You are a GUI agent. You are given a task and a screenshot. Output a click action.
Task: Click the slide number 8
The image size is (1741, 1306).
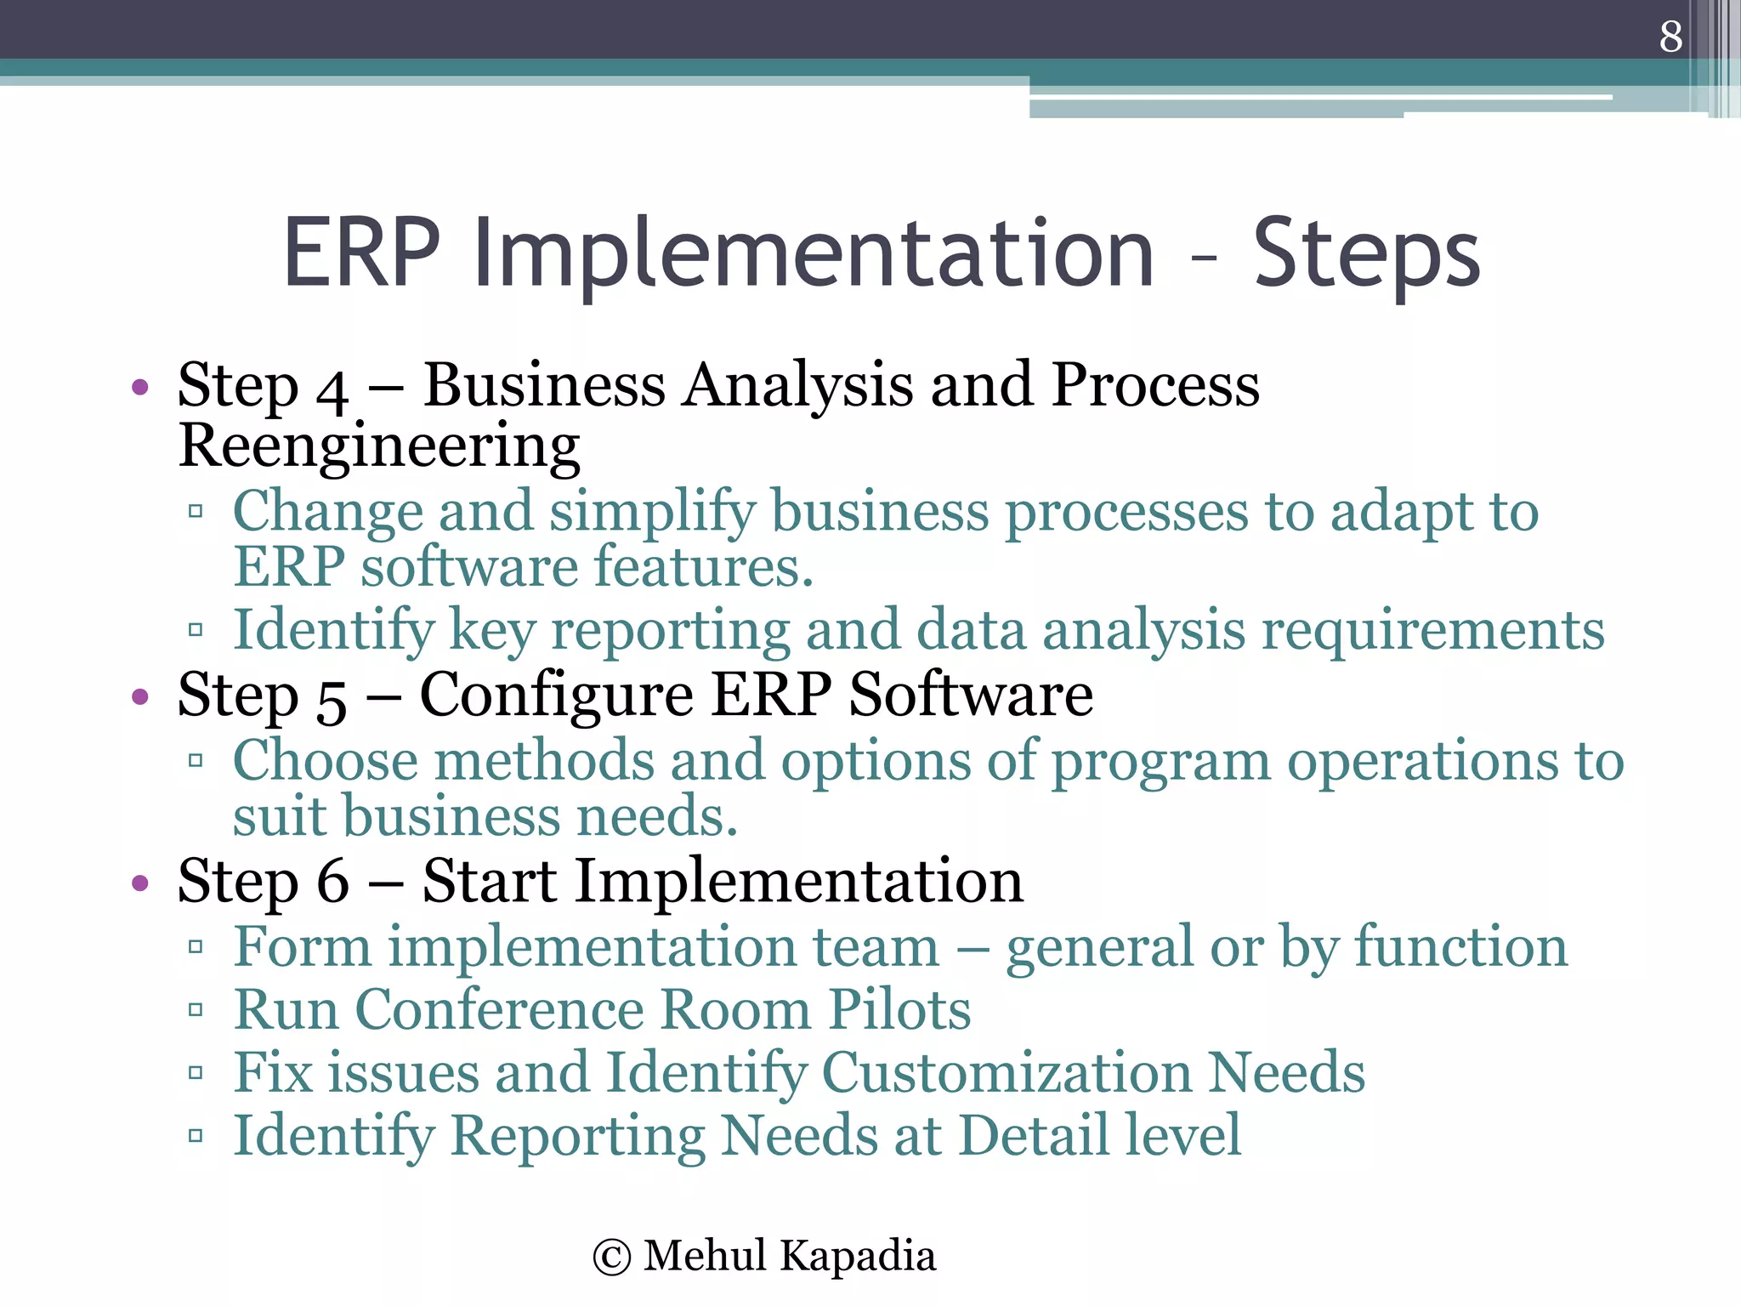coord(1670,37)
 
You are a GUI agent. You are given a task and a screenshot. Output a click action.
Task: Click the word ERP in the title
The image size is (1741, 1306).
coord(362,253)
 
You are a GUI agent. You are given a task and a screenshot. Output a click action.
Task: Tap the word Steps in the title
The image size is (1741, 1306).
coord(1366,253)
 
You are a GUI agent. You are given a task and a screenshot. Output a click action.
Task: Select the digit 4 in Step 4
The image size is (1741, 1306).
coord(332,390)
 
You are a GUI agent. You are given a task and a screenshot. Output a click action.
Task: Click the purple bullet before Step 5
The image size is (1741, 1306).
coord(140,698)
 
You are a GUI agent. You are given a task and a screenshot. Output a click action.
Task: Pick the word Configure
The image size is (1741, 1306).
coord(556,696)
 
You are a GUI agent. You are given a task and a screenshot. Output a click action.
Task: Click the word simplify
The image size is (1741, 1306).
coord(652,513)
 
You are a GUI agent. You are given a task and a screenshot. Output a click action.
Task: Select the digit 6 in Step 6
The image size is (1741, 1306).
coord(332,882)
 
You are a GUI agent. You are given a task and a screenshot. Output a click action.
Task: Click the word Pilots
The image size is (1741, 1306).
coord(899,1010)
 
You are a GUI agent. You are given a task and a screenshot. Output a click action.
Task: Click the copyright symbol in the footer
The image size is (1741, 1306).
coord(612,1258)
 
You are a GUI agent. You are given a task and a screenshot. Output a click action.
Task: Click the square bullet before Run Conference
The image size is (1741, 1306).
coord(196,1010)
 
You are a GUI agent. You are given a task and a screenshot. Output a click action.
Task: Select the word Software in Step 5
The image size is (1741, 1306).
coord(971,696)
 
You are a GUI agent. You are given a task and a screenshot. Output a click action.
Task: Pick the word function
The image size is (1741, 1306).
coord(1460,947)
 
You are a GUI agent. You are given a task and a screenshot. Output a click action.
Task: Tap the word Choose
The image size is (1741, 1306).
coord(325,761)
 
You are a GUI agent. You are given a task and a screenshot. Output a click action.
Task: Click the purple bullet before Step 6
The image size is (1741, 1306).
coord(140,883)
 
